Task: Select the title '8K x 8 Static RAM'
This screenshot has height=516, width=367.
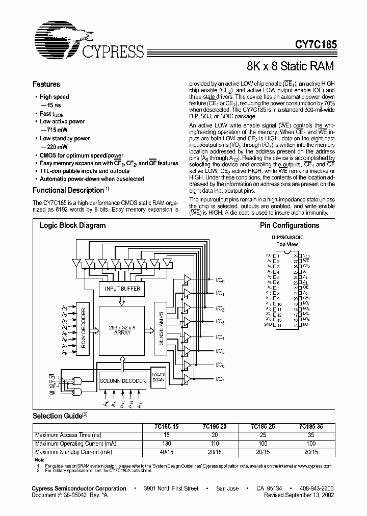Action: click(x=291, y=66)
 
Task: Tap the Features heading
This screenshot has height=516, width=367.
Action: click(x=46, y=85)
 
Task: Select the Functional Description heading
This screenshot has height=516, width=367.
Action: click(x=68, y=190)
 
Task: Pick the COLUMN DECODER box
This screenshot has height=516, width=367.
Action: click(x=122, y=380)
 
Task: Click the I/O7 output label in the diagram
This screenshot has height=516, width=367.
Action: click(x=220, y=379)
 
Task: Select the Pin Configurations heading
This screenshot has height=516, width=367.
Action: click(x=289, y=225)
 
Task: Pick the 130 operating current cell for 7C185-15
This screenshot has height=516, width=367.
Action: click(x=166, y=443)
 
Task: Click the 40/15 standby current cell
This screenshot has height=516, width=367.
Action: click(x=166, y=452)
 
